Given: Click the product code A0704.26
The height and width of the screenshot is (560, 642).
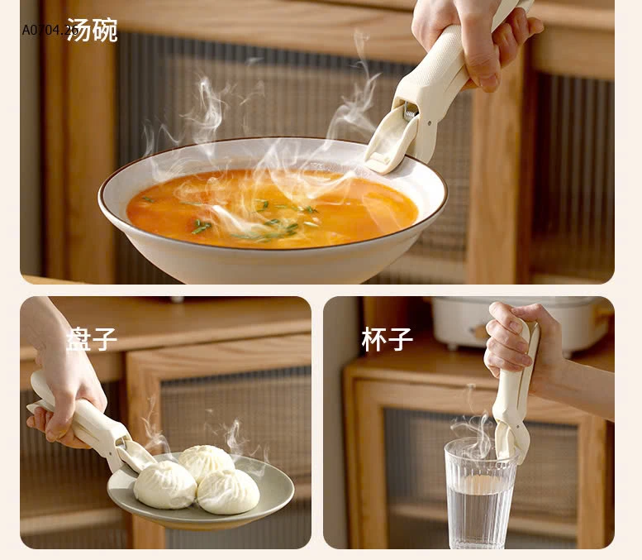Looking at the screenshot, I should tap(50, 31).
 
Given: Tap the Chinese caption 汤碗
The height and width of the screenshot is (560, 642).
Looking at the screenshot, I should tap(92, 30).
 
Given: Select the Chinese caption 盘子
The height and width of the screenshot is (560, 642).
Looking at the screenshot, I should tap(92, 339).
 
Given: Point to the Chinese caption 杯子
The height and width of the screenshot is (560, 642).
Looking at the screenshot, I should tap(387, 339).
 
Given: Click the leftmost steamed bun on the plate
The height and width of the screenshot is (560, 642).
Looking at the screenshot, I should tap(165, 486).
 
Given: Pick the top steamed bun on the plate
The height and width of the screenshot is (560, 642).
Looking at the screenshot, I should tap(207, 460).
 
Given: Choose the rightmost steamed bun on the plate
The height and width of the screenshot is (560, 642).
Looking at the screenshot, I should tap(229, 491).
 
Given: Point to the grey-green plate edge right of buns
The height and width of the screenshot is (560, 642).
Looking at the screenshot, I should tap(277, 488).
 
